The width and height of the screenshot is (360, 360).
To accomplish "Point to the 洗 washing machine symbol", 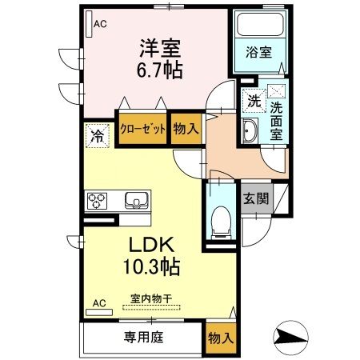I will coord(253,102).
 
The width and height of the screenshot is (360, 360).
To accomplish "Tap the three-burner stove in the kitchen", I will coord(98,199).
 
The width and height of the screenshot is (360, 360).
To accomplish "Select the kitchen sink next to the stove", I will coord(133,199).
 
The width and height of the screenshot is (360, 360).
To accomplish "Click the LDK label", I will coord(150,243).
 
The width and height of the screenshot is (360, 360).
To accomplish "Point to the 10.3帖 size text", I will coord(150,264).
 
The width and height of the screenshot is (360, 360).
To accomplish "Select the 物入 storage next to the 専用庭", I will coord(221,337).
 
